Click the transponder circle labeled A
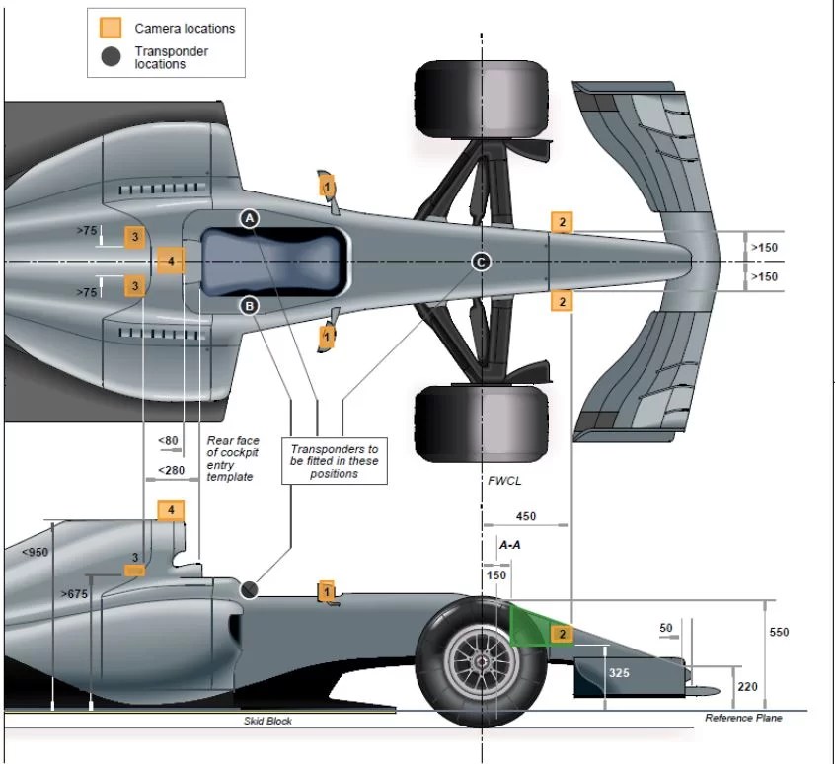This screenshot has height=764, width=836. [250, 217]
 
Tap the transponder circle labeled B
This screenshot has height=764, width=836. [250, 306]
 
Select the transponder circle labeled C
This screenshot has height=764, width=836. [480, 262]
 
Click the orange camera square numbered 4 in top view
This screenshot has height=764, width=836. [171, 261]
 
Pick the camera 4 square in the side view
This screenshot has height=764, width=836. [171, 510]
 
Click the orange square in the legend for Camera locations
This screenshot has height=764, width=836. [111, 28]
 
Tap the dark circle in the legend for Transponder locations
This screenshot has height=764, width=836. [112, 57]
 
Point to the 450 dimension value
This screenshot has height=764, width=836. [526, 516]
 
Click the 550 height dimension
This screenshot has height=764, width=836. [779, 632]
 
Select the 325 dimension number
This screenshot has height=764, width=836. [618, 672]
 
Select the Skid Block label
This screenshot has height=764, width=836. [267, 721]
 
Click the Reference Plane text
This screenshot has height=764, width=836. [743, 718]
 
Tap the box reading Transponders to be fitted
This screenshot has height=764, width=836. [335, 461]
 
